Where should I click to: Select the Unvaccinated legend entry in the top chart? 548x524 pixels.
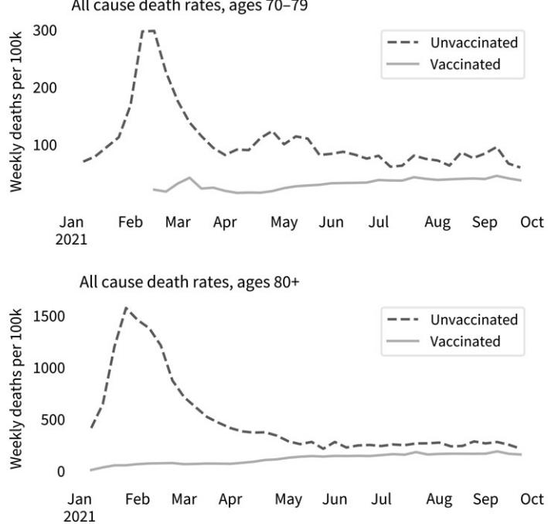pos(474,43)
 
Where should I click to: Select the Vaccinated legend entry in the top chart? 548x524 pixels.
pos(465,63)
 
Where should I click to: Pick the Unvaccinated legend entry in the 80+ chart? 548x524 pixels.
pos(474,320)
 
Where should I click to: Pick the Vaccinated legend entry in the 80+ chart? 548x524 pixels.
pos(465,341)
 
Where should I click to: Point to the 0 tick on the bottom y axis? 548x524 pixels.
pos(61,471)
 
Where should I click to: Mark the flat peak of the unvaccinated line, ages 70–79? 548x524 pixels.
pos(148,31)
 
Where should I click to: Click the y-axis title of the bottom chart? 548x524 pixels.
pos(17,393)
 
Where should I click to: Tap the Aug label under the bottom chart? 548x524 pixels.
pos(438,500)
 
